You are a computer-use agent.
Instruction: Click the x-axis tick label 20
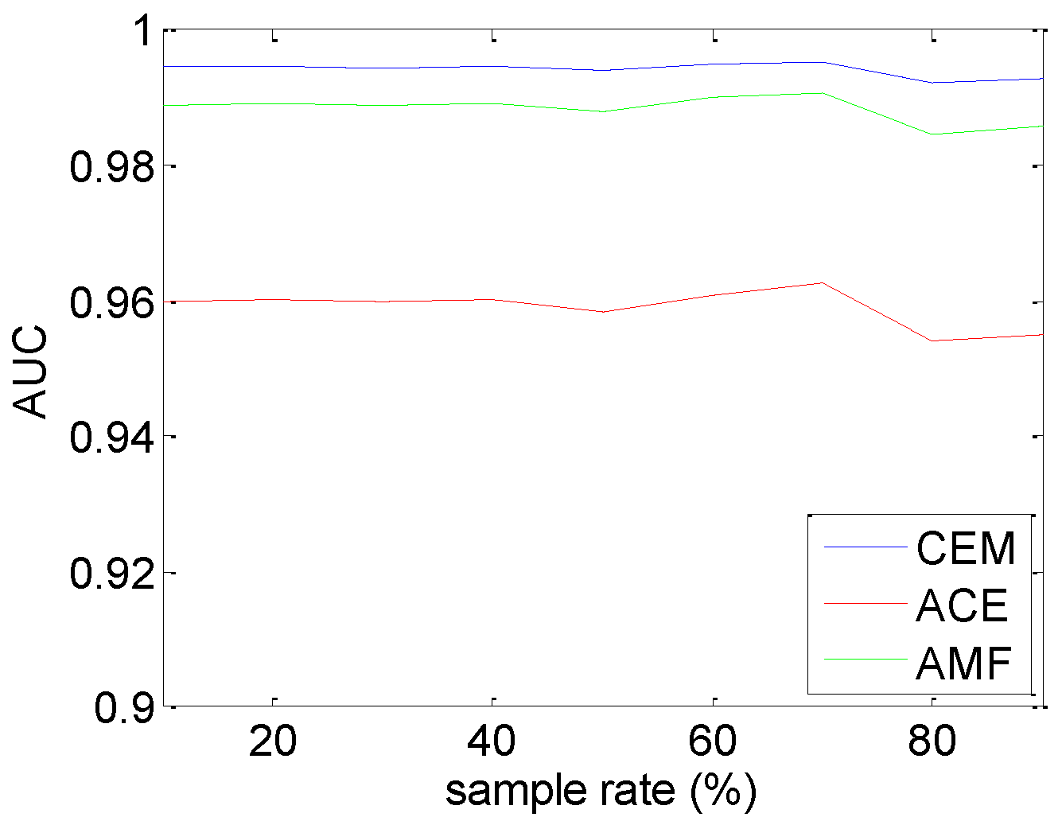(273, 741)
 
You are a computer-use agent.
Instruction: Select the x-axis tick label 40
(492, 741)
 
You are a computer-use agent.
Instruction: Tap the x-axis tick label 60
(713, 741)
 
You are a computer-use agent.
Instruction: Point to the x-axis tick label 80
(932, 741)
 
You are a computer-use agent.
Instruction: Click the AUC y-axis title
(32, 372)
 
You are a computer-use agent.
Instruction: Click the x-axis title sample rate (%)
(601, 791)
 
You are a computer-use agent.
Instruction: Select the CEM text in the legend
(966, 548)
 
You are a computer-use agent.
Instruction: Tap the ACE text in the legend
(962, 605)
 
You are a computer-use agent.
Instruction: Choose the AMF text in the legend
(963, 663)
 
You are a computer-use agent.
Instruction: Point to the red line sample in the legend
(866, 603)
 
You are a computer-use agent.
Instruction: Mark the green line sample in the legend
(866, 659)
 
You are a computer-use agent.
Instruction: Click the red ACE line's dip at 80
(932, 341)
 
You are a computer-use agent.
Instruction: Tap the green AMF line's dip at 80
(932, 134)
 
